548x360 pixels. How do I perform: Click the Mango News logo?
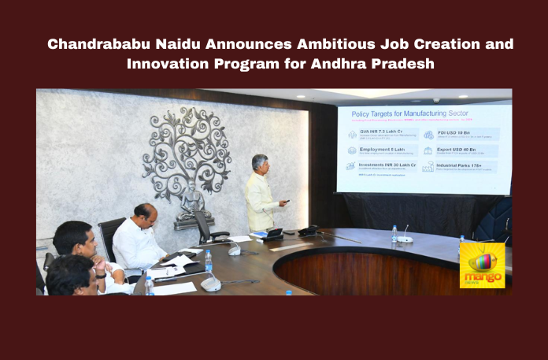(482, 265)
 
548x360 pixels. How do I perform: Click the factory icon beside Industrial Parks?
(428, 167)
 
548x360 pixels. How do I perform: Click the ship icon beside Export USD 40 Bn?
(428, 150)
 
